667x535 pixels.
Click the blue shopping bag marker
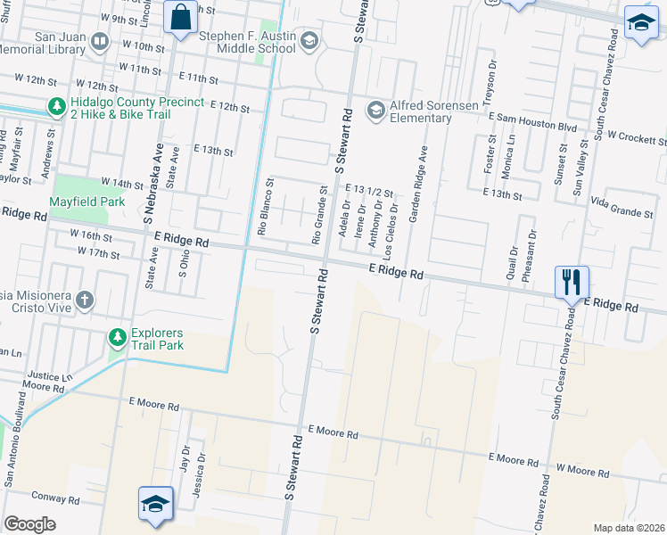click(180, 18)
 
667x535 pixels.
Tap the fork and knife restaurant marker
click(571, 283)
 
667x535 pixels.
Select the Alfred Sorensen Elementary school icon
click(375, 109)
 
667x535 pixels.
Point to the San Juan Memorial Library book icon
click(100, 42)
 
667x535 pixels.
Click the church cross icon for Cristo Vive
click(84, 299)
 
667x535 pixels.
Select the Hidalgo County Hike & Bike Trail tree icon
click(57, 107)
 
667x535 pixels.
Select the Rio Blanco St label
click(264, 207)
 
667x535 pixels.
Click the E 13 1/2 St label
click(369, 191)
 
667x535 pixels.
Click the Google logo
click(30, 524)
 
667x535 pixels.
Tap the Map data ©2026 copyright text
click(628, 528)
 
